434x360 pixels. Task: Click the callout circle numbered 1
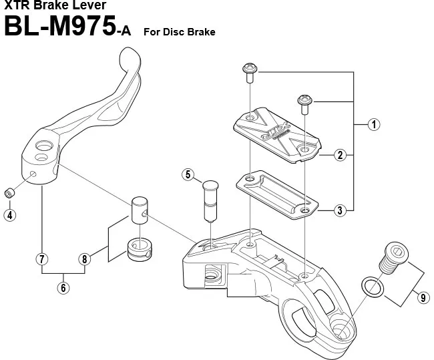(375, 124)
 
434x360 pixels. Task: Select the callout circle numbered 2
(341, 155)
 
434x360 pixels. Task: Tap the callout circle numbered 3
(341, 210)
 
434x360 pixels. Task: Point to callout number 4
(9, 214)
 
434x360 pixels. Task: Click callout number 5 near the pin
(188, 176)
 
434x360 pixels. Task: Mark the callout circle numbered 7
(41, 258)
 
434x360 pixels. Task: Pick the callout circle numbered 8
(84, 258)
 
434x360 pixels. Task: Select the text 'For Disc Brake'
(180, 31)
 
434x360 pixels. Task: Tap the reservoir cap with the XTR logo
(274, 133)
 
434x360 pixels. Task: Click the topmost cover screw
(250, 70)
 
